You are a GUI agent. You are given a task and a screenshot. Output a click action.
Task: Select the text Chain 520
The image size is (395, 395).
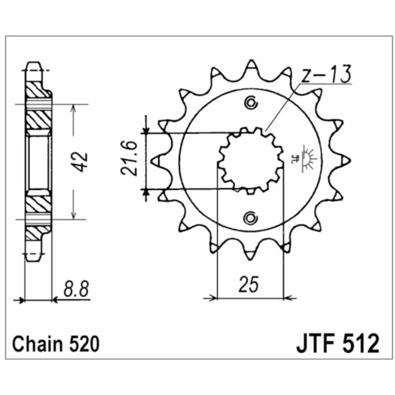point(55,344)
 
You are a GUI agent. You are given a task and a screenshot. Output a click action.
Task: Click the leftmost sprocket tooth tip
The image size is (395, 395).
point(154,160)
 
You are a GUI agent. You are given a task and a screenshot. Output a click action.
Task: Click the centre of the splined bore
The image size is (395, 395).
point(251,160)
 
